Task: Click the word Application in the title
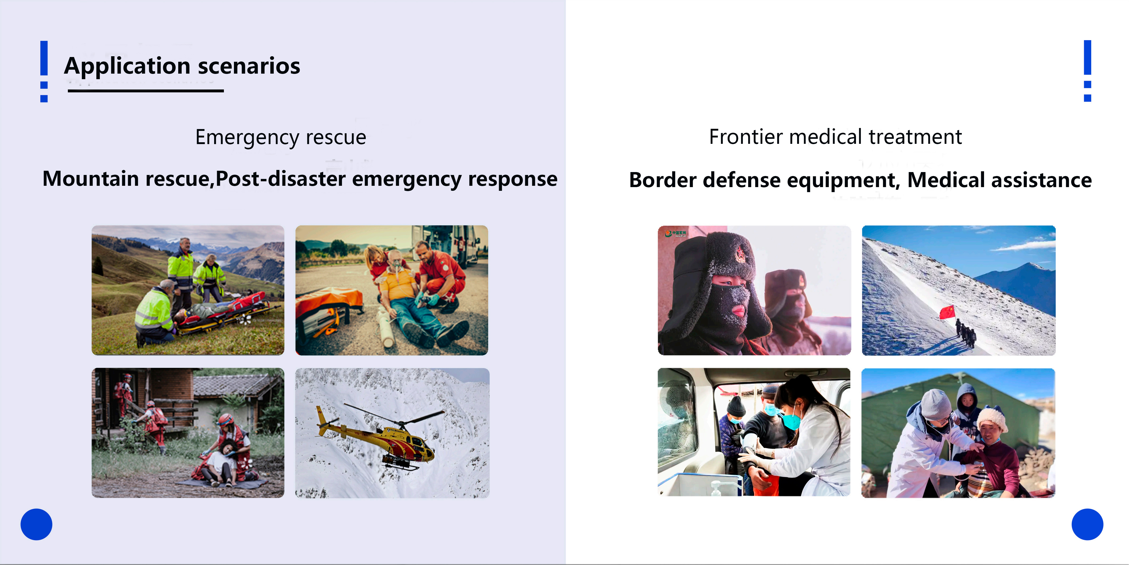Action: click(x=127, y=67)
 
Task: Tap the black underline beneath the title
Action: click(x=145, y=91)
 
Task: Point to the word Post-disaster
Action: click(x=280, y=179)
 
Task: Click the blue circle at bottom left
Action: click(x=36, y=524)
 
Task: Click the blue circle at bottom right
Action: click(x=1087, y=524)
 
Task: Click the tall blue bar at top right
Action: click(x=1087, y=57)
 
